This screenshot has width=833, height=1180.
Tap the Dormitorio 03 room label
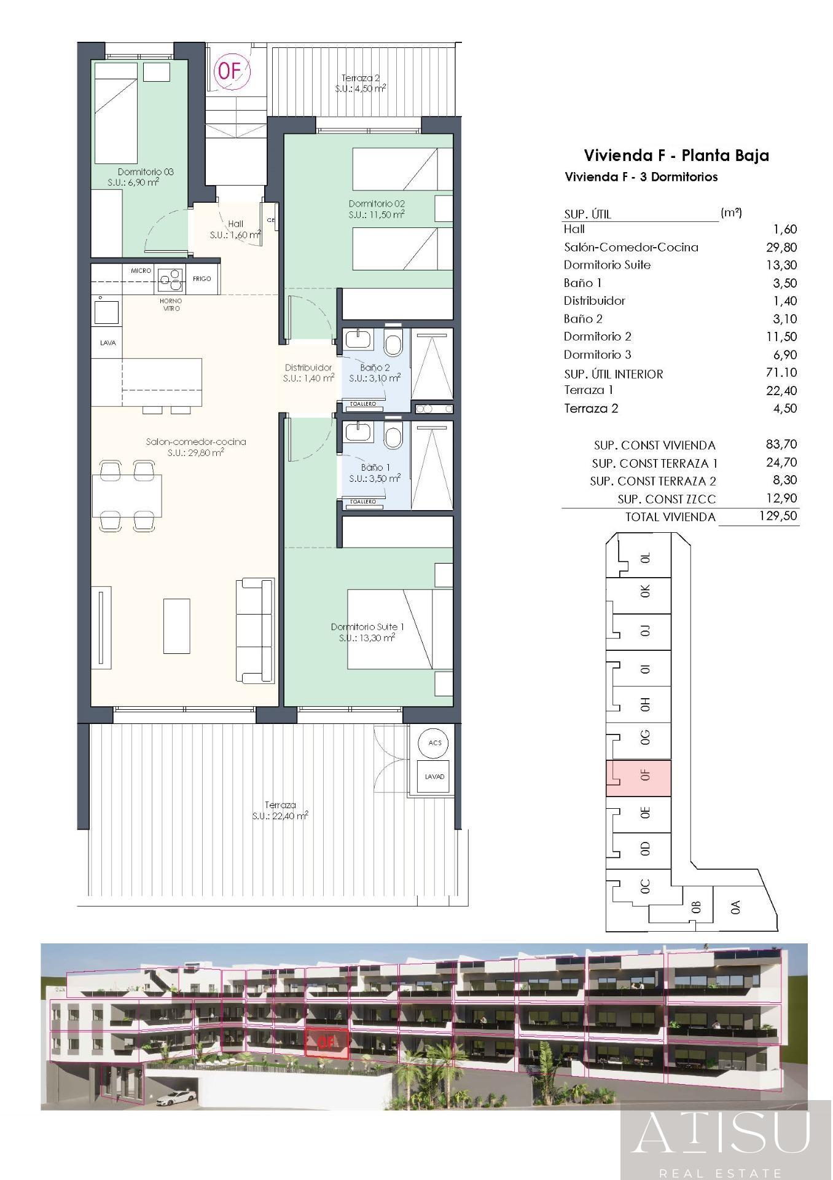(x=146, y=172)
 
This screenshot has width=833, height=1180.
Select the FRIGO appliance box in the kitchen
(x=202, y=279)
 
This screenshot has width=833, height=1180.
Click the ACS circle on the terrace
(x=435, y=743)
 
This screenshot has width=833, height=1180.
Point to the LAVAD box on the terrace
(x=435, y=777)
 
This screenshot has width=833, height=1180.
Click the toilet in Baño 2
(x=393, y=344)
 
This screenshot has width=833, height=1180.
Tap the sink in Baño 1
(x=356, y=432)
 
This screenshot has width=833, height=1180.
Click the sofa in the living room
(x=255, y=630)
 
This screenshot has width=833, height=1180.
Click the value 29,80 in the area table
(x=783, y=247)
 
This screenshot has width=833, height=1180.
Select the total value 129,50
(x=778, y=516)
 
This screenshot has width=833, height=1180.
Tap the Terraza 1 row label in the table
(x=589, y=390)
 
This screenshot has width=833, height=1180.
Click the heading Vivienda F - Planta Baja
(x=676, y=155)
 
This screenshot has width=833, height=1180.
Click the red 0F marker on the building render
(x=326, y=1042)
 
